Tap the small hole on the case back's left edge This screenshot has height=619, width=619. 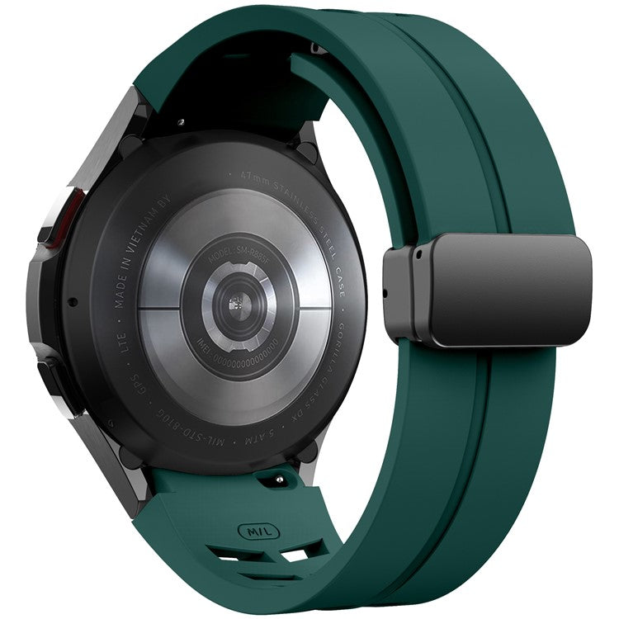point(73,301)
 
